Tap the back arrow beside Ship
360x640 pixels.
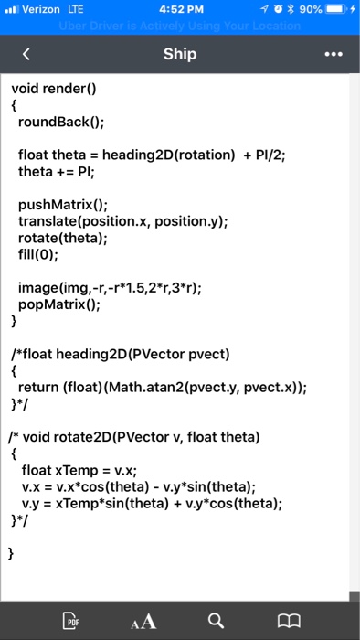pos(26,55)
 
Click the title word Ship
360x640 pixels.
pos(180,54)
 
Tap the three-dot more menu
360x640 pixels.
pos(334,55)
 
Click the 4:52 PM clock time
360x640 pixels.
pos(180,10)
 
